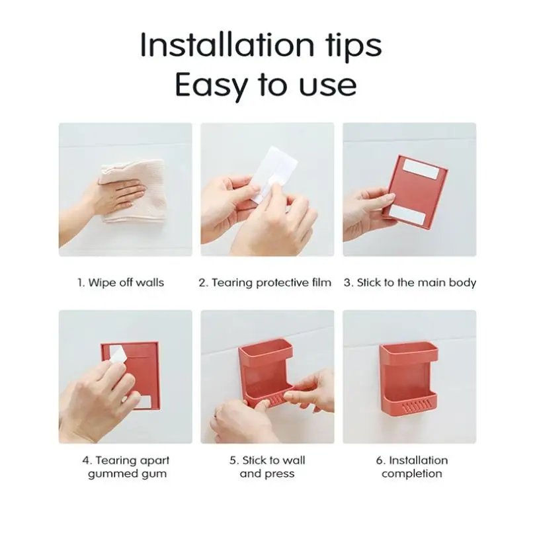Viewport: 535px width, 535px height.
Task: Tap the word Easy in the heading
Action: (x=210, y=85)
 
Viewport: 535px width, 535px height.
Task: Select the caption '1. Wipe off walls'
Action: (x=121, y=282)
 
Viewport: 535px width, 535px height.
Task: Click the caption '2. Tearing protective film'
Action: (x=265, y=283)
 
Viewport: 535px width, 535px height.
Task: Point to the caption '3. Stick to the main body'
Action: (x=410, y=283)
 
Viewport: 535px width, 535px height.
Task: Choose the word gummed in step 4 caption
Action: (x=110, y=474)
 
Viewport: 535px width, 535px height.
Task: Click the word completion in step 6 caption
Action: (x=412, y=474)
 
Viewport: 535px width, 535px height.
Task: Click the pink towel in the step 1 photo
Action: (x=136, y=191)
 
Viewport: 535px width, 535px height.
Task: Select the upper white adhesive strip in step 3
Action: (x=421, y=169)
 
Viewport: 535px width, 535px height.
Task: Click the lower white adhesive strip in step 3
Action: (x=407, y=215)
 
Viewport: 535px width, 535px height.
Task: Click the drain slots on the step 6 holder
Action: (x=417, y=406)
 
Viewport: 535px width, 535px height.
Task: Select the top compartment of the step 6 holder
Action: (x=409, y=352)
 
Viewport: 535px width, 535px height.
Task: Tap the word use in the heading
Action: (x=327, y=86)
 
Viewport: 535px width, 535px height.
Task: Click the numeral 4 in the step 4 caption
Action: (x=85, y=461)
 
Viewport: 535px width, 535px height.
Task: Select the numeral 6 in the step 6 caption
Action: (x=379, y=461)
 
